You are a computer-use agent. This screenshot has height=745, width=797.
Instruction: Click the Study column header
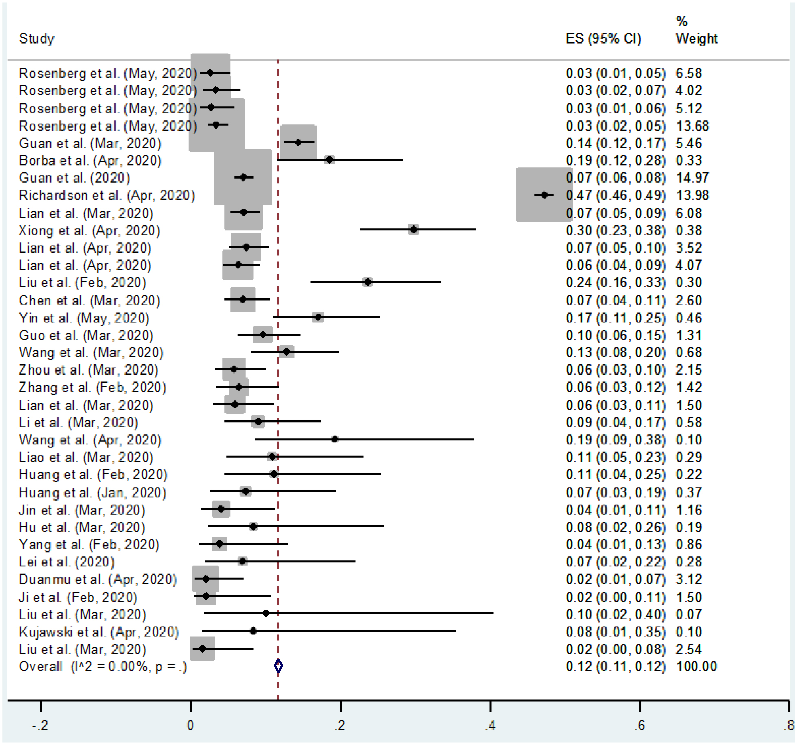click(x=37, y=39)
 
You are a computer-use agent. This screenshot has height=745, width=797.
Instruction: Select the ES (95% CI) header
click(x=603, y=39)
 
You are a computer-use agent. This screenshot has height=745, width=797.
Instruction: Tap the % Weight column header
click(x=696, y=30)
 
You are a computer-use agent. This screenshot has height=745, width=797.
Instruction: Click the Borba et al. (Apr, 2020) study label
click(x=90, y=161)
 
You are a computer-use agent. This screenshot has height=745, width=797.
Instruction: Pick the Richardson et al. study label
click(x=107, y=195)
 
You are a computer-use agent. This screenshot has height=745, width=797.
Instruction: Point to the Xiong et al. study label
click(x=90, y=231)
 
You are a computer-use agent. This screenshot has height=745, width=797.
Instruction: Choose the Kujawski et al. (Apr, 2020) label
click(x=98, y=632)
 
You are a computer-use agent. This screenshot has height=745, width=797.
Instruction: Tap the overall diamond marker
click(x=278, y=666)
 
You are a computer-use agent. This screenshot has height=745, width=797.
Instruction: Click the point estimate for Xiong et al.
click(x=414, y=230)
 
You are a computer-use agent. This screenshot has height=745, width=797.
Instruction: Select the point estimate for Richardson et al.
click(x=544, y=195)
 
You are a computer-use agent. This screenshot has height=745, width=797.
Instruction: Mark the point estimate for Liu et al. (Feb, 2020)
click(x=367, y=282)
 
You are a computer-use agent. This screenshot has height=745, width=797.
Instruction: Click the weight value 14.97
click(x=692, y=178)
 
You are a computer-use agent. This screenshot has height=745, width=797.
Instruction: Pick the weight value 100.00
click(x=696, y=667)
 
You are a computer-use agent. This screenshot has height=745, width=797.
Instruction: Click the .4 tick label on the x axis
click(x=490, y=725)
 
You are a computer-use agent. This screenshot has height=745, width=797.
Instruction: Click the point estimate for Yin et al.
click(x=318, y=317)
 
